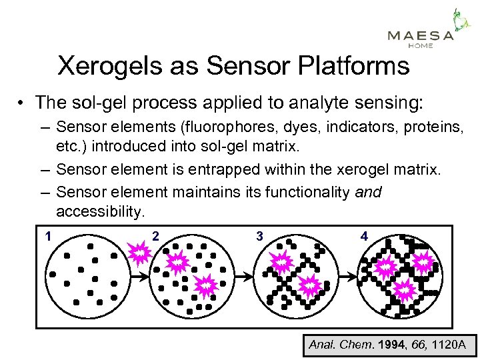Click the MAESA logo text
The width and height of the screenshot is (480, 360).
tap(420, 35)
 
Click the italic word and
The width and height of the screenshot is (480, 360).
tap(369, 193)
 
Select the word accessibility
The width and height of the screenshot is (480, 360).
tap(100, 212)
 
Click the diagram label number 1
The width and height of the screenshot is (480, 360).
tap(49, 236)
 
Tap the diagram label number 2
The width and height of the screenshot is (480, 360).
tap(155, 236)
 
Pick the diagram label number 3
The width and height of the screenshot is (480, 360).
tap(259, 236)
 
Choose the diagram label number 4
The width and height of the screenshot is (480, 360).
tap(363, 236)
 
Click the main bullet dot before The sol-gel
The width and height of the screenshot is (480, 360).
tap(23, 103)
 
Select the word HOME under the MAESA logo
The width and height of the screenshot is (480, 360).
tap(420, 46)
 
